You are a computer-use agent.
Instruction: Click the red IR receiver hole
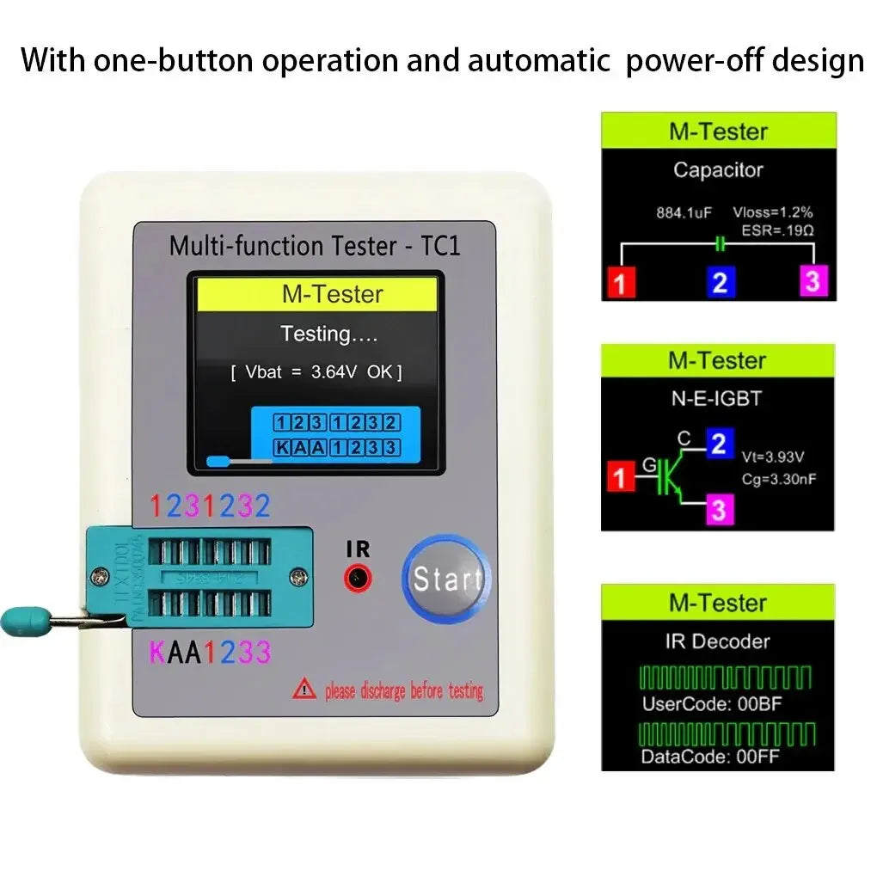click(359, 579)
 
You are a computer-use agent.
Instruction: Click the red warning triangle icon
click(304, 689)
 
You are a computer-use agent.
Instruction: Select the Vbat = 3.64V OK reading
click(316, 372)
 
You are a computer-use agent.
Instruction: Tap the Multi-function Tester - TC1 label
click(315, 246)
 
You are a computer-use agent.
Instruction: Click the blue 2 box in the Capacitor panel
click(720, 282)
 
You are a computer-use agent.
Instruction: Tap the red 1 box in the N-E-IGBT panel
click(618, 476)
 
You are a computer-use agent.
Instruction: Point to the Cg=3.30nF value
click(777, 479)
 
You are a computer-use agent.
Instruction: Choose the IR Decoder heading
click(718, 641)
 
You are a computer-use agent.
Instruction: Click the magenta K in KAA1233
click(158, 653)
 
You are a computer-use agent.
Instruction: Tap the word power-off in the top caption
click(684, 61)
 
